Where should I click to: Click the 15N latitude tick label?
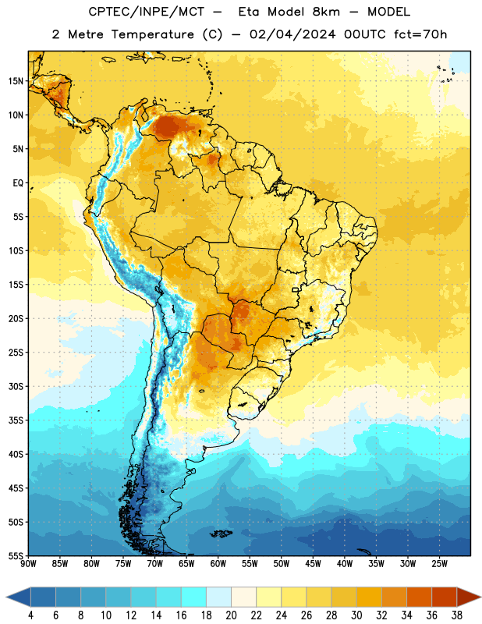tap(16, 81)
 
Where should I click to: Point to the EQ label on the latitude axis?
tap(18, 183)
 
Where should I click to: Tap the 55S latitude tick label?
tap(16, 555)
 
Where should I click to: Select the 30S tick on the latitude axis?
tap(16, 386)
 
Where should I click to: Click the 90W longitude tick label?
tap(28, 563)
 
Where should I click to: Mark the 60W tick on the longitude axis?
tap(218, 563)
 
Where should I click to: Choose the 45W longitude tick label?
tap(313, 563)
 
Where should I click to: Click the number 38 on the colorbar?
tap(456, 615)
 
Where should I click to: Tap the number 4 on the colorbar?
tap(30, 615)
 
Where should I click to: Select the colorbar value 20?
tap(231, 615)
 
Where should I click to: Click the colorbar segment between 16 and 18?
tap(194, 597)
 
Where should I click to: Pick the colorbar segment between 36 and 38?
tap(445, 597)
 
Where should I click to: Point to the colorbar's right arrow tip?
tap(480, 597)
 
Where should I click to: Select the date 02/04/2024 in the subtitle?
tap(292, 34)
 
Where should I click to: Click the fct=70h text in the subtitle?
tap(420, 34)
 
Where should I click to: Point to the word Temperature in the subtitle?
tap(152, 34)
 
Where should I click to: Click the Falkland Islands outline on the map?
tap(221, 534)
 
